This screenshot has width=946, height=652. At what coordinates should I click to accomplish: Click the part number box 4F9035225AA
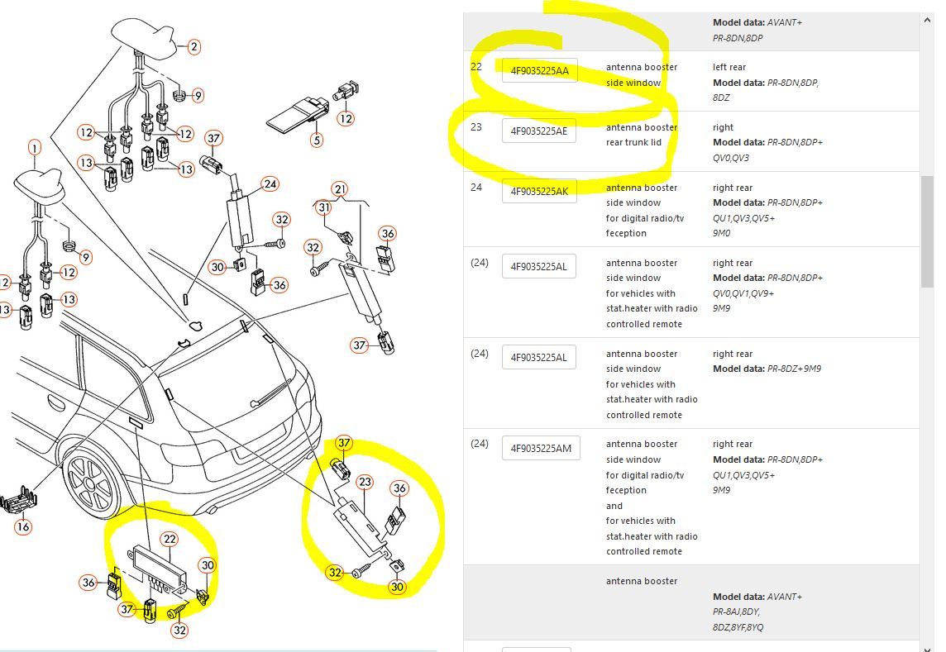539,71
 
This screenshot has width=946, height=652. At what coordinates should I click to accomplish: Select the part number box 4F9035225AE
539,131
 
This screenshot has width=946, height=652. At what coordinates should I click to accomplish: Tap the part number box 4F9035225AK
539,192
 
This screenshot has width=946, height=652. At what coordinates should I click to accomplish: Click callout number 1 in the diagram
34,149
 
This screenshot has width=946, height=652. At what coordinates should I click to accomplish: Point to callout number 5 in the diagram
317,140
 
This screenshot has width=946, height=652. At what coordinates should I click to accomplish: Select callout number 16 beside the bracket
23,527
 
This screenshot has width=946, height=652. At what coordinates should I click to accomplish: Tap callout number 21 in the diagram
341,190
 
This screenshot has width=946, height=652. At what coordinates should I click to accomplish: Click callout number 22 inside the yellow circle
170,540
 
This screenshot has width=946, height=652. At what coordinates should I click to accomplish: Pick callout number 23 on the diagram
365,482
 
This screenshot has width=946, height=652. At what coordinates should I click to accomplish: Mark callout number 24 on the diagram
270,184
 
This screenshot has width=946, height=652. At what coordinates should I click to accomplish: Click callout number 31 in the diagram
324,208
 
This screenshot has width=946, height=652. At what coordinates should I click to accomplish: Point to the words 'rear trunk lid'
633,143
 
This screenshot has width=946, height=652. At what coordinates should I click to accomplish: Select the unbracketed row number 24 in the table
476,188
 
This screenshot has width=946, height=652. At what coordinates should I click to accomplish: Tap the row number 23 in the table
476,127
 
